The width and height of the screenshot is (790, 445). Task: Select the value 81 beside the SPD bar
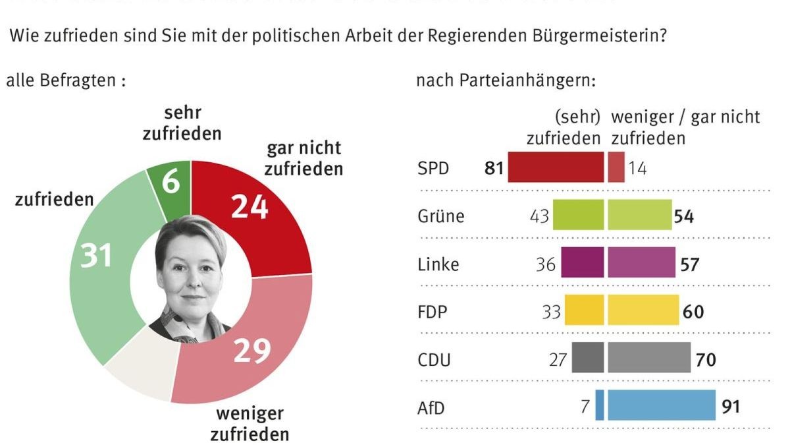[494, 169]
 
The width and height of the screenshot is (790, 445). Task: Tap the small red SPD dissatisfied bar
[616, 167]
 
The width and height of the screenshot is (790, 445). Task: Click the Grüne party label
[440, 216]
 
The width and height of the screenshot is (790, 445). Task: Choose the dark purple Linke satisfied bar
[583, 263]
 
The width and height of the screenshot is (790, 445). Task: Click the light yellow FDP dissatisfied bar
[643, 311]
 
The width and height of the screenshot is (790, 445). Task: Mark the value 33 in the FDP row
[551, 311]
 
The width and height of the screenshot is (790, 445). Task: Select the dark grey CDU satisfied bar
[588, 358]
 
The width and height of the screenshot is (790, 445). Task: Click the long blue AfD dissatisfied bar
[662, 405]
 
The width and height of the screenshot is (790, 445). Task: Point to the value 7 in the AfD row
[585, 407]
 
